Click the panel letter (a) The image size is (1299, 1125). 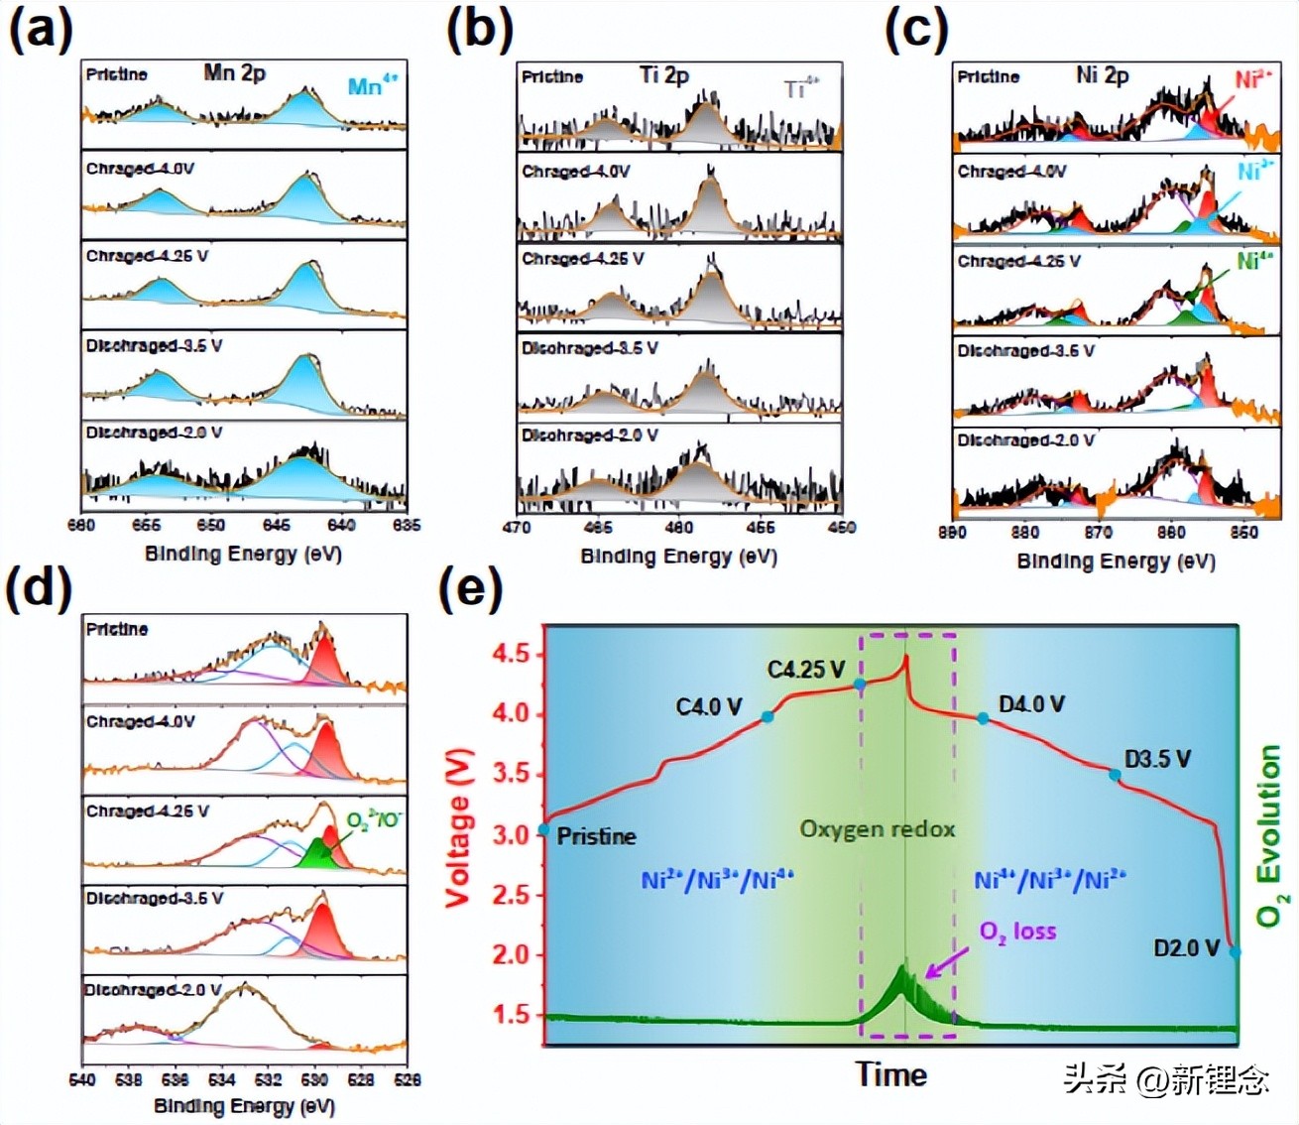coord(41,31)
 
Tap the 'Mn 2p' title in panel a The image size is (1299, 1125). coord(234,72)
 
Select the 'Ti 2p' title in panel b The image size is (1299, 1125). coord(663,74)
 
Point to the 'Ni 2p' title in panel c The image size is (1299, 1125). coord(1102,74)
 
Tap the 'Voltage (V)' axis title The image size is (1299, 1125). coord(457,828)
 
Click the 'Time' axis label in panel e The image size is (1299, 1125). coord(891,1074)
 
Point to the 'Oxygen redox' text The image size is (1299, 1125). coord(877,829)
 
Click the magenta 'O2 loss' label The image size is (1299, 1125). coord(1017,932)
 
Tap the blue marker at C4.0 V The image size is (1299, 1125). coord(768,716)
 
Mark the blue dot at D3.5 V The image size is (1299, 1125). coord(1116,775)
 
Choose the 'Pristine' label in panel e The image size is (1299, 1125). coord(596,836)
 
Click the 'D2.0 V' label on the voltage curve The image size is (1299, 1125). coord(1185,948)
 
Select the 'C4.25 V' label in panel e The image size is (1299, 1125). coord(805,670)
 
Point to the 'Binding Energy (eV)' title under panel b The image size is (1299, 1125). coord(678,557)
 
